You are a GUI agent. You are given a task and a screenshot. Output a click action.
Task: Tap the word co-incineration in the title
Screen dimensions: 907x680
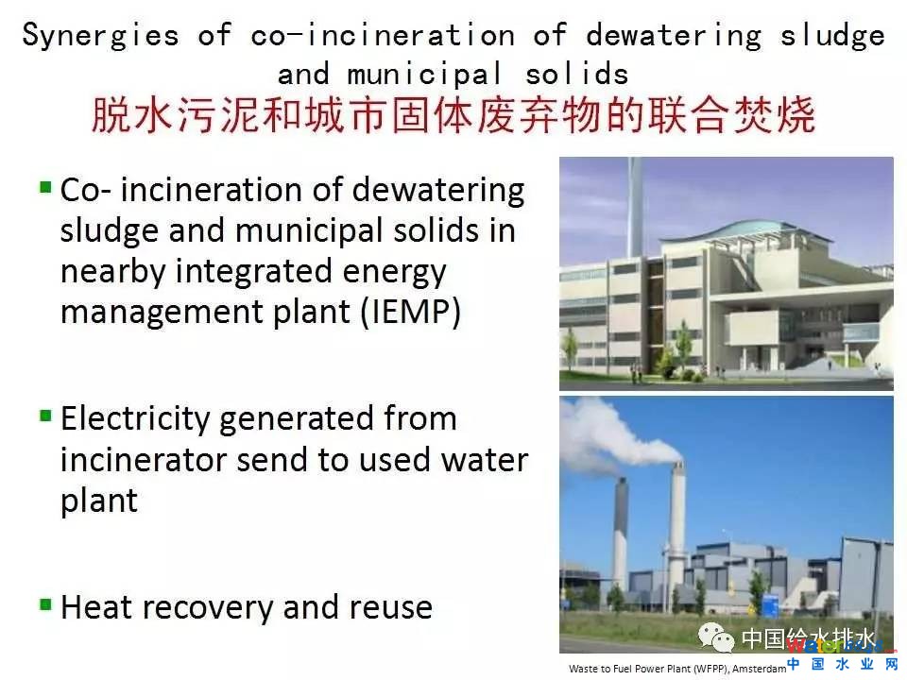[x=383, y=36]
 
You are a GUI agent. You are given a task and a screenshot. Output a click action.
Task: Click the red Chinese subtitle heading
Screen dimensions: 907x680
[x=453, y=115]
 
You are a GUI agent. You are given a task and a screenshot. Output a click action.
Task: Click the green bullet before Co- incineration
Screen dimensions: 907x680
[x=45, y=187]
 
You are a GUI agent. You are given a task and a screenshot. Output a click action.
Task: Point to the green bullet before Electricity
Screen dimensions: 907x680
[x=45, y=416]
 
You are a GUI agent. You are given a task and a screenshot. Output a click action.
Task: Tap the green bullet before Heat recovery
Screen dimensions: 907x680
[x=45, y=604]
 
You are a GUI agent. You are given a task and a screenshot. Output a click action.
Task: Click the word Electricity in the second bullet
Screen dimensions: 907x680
[x=135, y=419]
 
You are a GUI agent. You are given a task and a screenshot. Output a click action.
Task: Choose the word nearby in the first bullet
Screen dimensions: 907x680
[x=113, y=272]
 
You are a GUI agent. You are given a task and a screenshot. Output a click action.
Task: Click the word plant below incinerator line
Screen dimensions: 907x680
[x=99, y=501]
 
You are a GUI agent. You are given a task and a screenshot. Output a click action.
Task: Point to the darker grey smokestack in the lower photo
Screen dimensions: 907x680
[x=621, y=532]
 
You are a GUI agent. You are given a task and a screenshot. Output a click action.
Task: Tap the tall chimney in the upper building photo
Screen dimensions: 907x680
[x=635, y=208]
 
